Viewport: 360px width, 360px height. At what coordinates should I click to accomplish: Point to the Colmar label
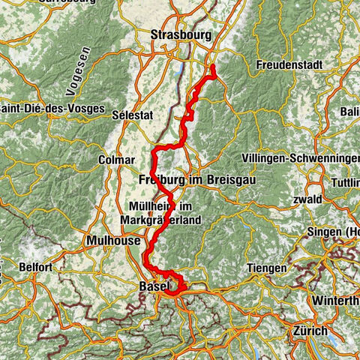tap(115, 160)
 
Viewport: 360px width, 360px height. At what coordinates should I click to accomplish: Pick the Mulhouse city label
tap(103, 241)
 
